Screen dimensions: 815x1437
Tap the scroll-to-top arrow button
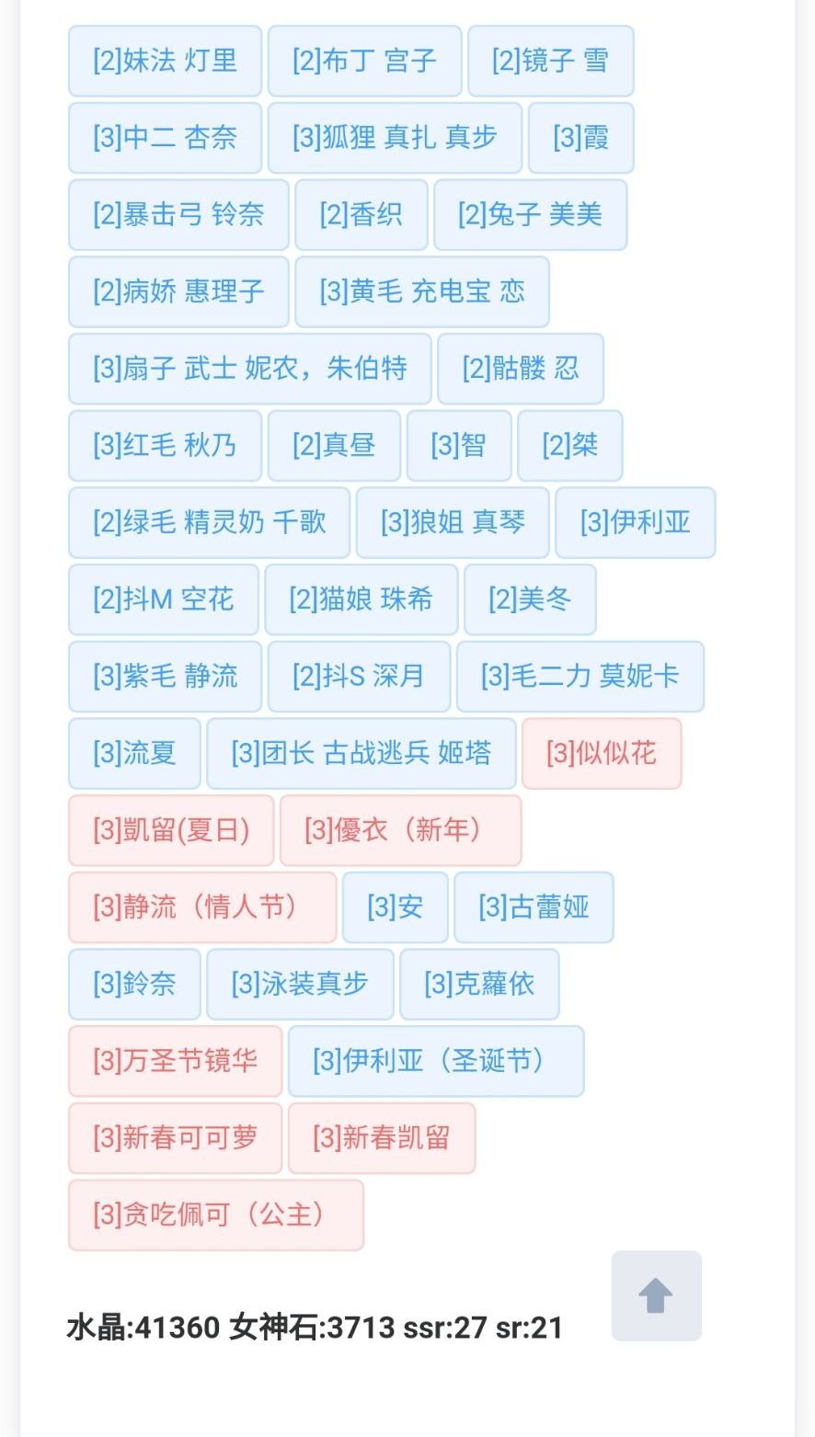click(656, 1295)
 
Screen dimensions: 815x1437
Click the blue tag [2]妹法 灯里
click(165, 61)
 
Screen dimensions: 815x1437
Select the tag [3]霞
click(580, 138)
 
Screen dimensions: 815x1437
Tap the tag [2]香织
click(362, 215)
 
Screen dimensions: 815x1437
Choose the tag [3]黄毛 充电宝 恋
click(422, 291)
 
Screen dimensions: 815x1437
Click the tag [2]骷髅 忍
click(521, 369)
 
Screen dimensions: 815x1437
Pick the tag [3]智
click(459, 446)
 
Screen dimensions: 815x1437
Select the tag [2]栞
click(570, 446)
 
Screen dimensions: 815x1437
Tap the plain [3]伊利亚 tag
click(636, 523)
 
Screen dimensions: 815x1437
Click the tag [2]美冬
click(530, 599)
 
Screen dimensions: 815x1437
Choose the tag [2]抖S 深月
click(359, 677)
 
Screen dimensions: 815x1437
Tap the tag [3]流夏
click(135, 754)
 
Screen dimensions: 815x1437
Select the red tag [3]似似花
click(602, 754)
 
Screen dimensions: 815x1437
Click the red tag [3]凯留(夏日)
click(171, 831)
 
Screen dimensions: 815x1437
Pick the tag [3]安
click(396, 907)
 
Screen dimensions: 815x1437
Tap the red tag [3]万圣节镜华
click(175, 1061)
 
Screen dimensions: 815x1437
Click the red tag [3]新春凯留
click(382, 1138)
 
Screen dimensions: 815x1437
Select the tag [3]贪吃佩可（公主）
click(216, 1215)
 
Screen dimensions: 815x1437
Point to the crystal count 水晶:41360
click(143, 1328)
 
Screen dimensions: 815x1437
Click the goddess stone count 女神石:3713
click(312, 1328)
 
